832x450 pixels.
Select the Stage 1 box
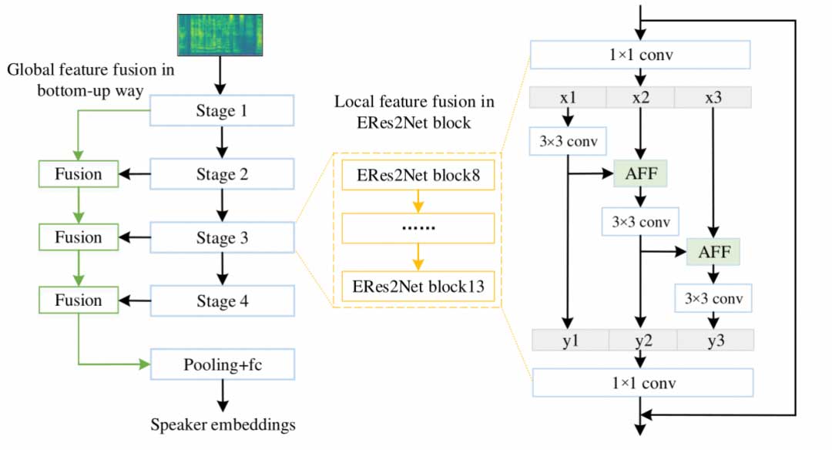tap(222, 111)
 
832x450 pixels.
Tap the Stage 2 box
tap(222, 174)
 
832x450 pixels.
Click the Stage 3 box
tap(222, 237)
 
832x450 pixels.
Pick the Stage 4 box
tap(222, 301)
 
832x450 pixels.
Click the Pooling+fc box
tap(222, 364)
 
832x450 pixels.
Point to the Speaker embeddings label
tap(223, 425)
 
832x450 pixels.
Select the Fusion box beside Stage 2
tap(78, 174)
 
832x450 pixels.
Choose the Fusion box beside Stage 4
tap(78, 301)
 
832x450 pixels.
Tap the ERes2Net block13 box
tap(417, 287)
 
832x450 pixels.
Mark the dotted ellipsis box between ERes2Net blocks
tap(417, 229)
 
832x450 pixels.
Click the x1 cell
tap(568, 98)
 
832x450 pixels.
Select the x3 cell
tap(713, 98)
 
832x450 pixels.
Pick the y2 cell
tap(642, 341)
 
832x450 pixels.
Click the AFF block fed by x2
tap(640, 174)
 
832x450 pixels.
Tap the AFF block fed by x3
tap(713, 251)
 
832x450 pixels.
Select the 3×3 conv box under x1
tap(568, 141)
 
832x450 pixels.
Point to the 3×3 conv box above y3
tap(713, 297)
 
